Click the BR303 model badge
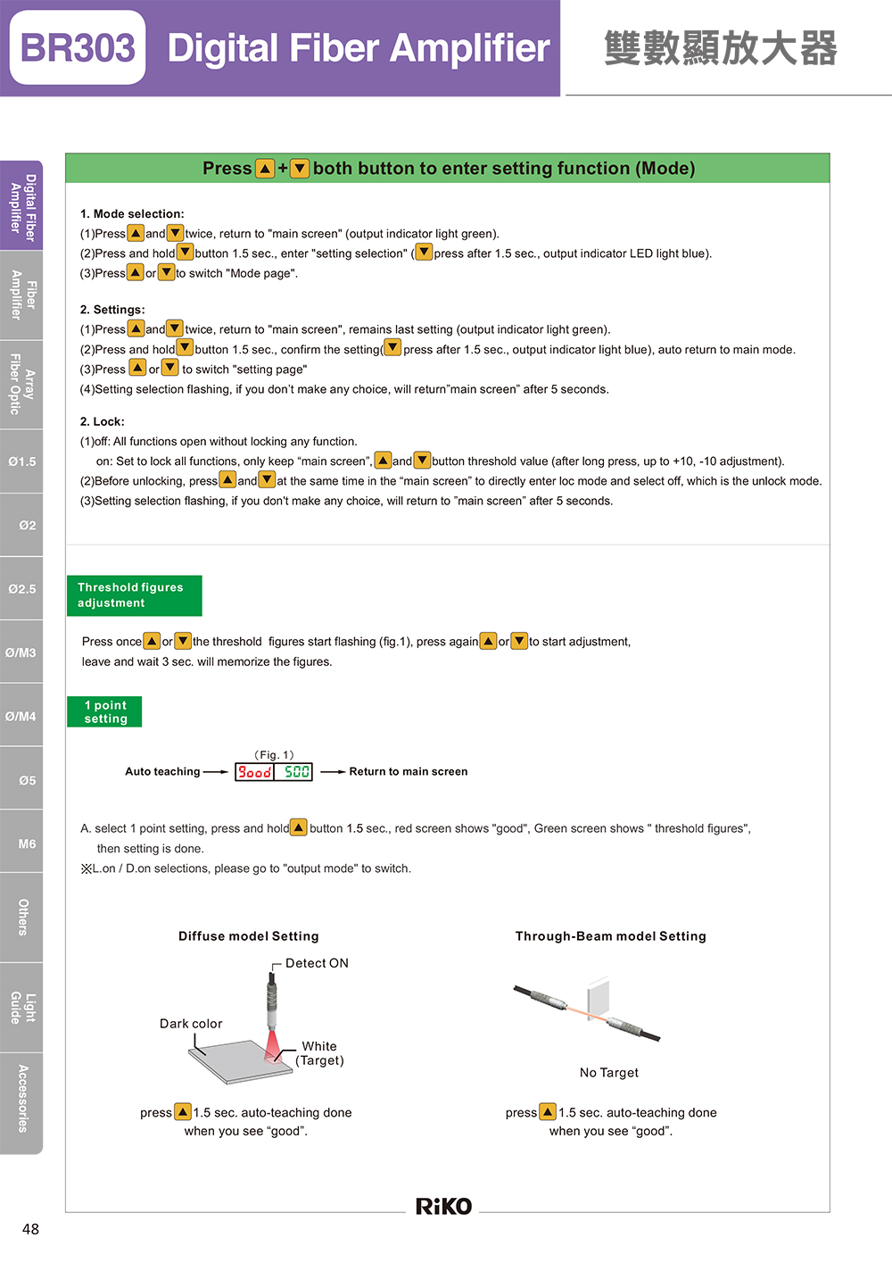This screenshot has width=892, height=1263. [78, 48]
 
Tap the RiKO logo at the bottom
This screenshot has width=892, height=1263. [443, 1206]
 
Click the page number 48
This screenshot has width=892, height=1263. [30, 1229]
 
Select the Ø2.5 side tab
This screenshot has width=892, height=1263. [22, 589]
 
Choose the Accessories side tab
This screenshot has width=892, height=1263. [22, 1099]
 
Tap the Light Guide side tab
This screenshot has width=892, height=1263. [22, 1007]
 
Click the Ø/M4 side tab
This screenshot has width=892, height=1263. [21, 716]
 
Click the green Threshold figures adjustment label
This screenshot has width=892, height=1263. [134, 595]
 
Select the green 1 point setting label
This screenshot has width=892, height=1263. [105, 711]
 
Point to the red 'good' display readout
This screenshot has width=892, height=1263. [254, 772]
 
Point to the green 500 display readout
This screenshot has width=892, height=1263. [296, 772]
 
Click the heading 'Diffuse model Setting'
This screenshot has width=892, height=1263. [248, 936]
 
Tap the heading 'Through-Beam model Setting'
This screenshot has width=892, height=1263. [610, 936]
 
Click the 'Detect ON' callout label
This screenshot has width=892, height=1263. [317, 963]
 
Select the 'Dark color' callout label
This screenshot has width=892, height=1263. [191, 1024]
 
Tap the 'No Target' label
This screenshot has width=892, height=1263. [609, 1073]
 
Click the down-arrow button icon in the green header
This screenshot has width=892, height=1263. [300, 169]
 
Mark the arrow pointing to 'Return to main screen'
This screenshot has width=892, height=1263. [333, 772]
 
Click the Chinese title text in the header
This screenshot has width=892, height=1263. [721, 48]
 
